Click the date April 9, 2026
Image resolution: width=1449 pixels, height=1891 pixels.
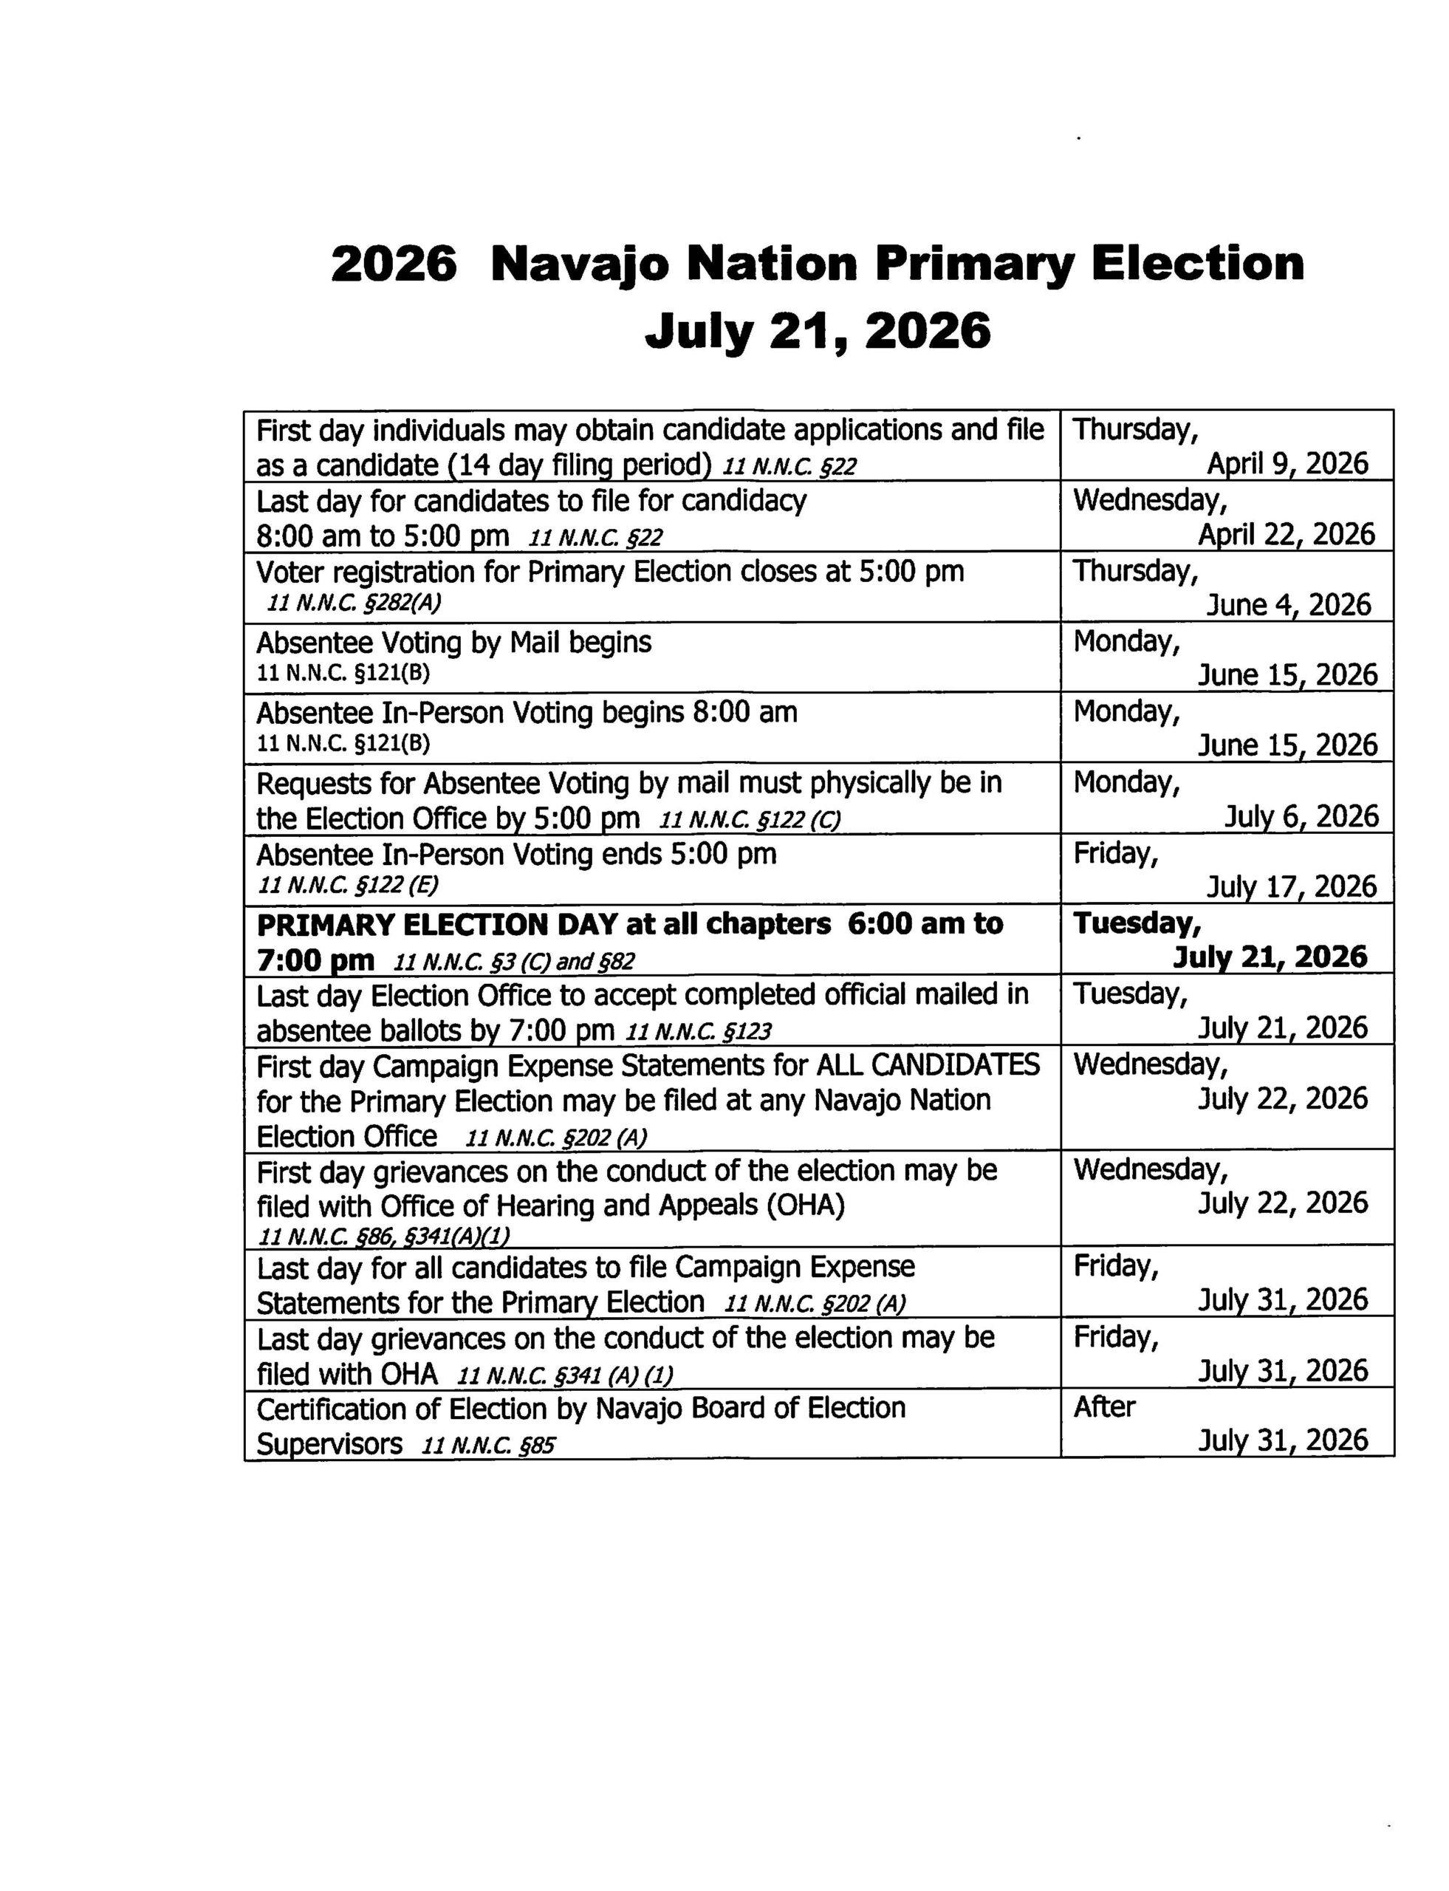click(x=1287, y=464)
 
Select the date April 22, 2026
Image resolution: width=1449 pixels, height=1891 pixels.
click(x=1286, y=535)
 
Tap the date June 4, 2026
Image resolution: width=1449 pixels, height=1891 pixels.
click(x=1288, y=605)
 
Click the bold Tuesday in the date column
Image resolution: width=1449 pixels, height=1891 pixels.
click(x=1136, y=924)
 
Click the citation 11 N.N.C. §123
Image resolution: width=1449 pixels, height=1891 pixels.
click(x=698, y=1031)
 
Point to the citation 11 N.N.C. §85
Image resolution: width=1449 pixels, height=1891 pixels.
click(x=488, y=1445)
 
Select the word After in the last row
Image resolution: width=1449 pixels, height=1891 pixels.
click(x=1104, y=1407)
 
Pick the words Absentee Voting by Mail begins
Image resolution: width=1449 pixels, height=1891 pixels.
click(x=453, y=643)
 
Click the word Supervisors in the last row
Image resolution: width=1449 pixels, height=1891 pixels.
click(x=329, y=1444)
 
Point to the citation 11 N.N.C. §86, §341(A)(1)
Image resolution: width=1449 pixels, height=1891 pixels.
click(x=385, y=1237)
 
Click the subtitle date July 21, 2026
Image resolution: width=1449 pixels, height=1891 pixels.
click(x=818, y=331)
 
